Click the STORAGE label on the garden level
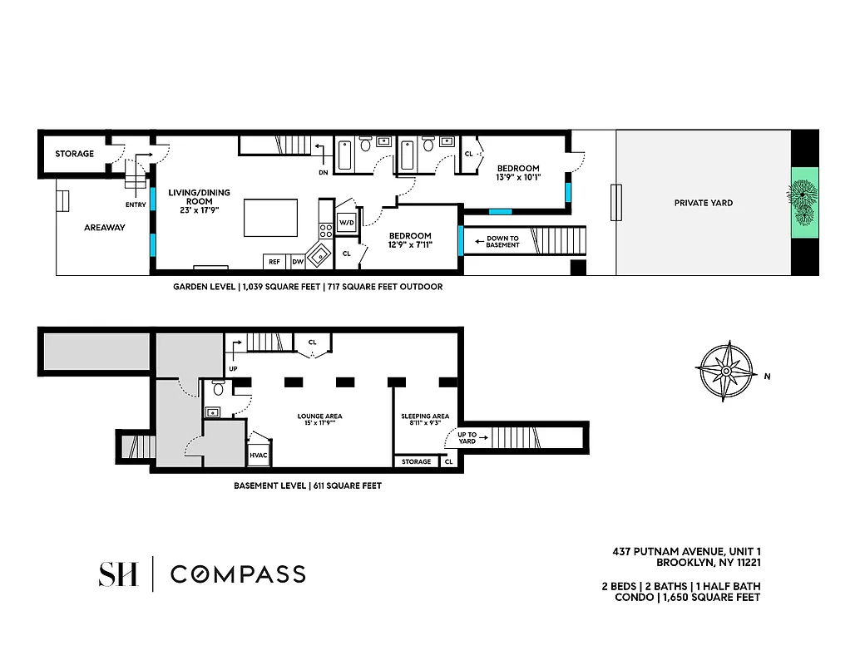(74, 154)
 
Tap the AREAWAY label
(104, 227)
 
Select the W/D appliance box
(346, 223)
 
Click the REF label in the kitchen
(274, 262)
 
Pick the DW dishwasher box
(297, 262)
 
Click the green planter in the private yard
(803, 202)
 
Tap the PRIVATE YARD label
(703, 203)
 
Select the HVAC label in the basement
(258, 455)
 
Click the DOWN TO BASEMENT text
(502, 242)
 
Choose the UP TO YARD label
(467, 437)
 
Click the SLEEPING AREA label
(425, 416)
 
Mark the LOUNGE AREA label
(319, 416)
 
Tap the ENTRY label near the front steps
(136, 204)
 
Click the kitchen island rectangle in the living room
(270, 218)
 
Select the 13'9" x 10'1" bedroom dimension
(518, 177)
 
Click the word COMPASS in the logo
(238, 574)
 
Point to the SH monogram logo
(117, 574)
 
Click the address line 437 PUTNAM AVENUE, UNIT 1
(686, 551)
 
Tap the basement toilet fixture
(218, 387)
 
